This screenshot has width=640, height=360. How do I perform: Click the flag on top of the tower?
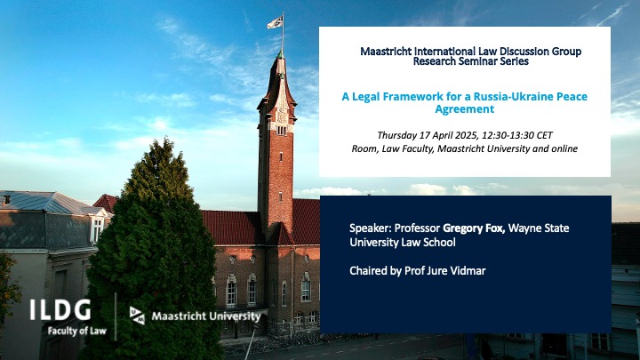(x=276, y=21)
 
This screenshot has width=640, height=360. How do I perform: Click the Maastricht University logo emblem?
(x=137, y=316)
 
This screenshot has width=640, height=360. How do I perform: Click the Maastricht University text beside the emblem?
(x=206, y=316)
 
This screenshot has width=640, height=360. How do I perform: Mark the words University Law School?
(x=403, y=242)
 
